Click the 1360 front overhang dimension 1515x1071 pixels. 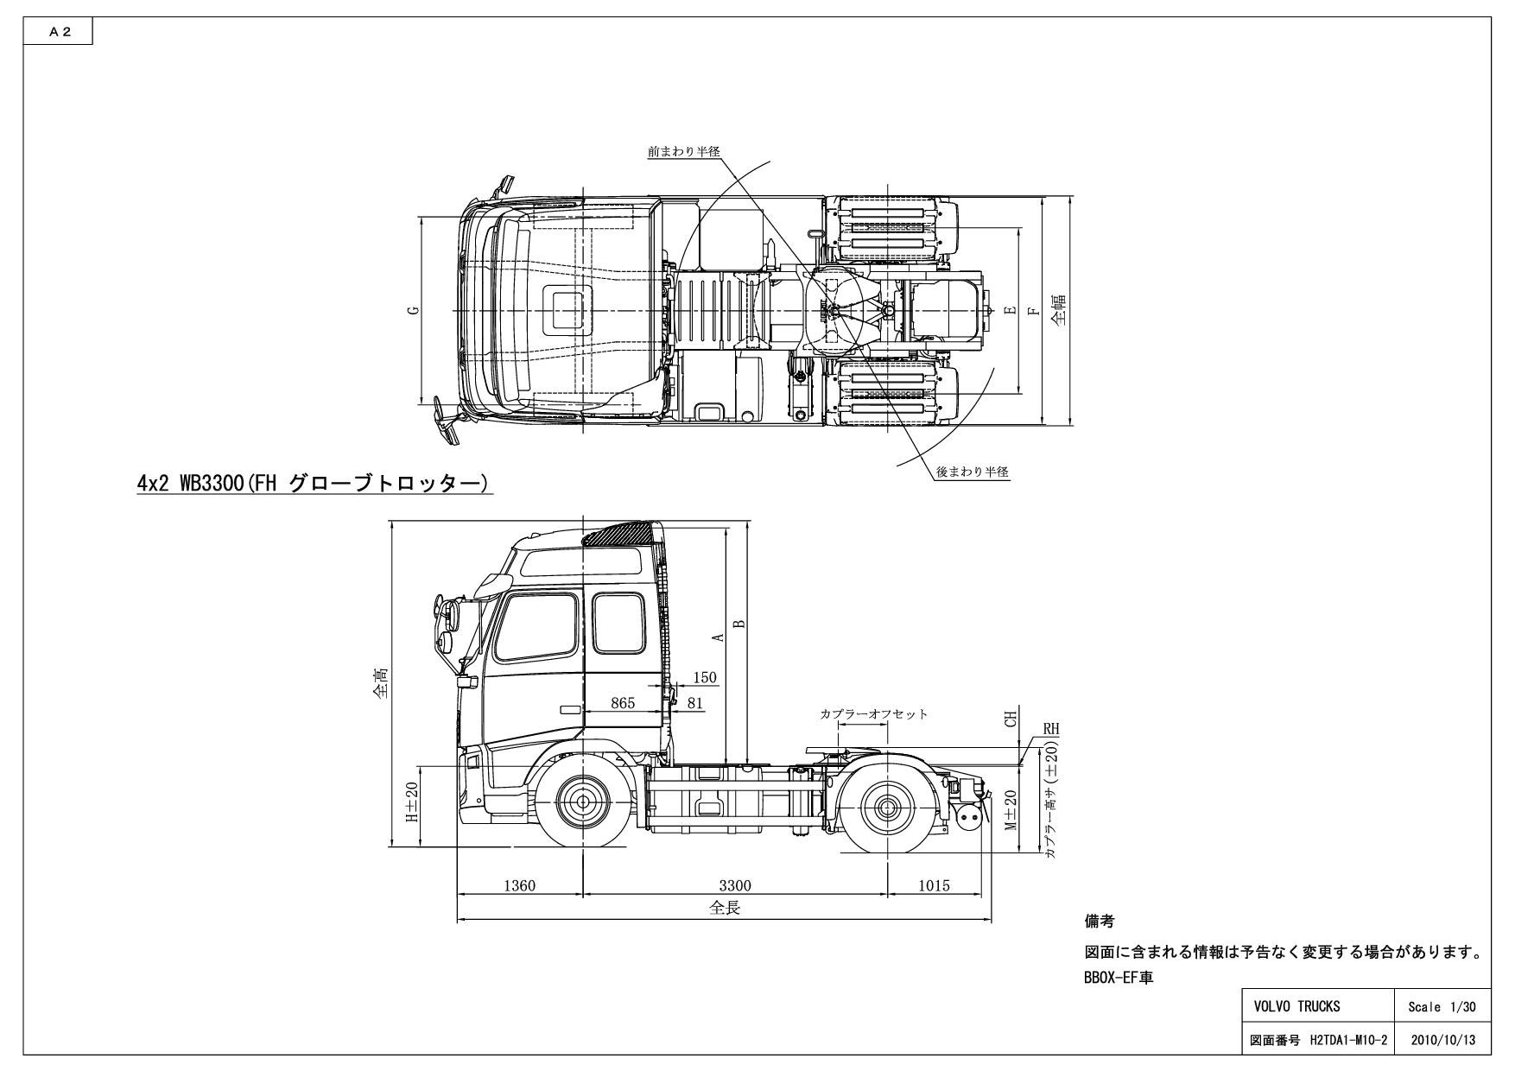click(x=519, y=885)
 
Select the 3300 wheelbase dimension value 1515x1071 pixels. click(x=735, y=885)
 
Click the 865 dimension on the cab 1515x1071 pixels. click(x=623, y=703)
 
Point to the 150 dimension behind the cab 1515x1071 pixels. click(x=705, y=678)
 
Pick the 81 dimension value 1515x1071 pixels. click(x=694, y=703)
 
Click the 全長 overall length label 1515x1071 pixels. click(x=725, y=909)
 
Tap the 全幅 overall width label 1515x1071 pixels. click(x=1058, y=310)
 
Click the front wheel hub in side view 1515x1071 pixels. click(x=583, y=802)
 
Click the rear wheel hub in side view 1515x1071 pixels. click(x=887, y=808)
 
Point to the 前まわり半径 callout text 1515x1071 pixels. click(x=683, y=151)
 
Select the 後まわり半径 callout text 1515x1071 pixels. click(x=973, y=472)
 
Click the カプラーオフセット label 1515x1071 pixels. click(x=873, y=714)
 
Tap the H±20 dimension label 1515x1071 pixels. click(x=413, y=802)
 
